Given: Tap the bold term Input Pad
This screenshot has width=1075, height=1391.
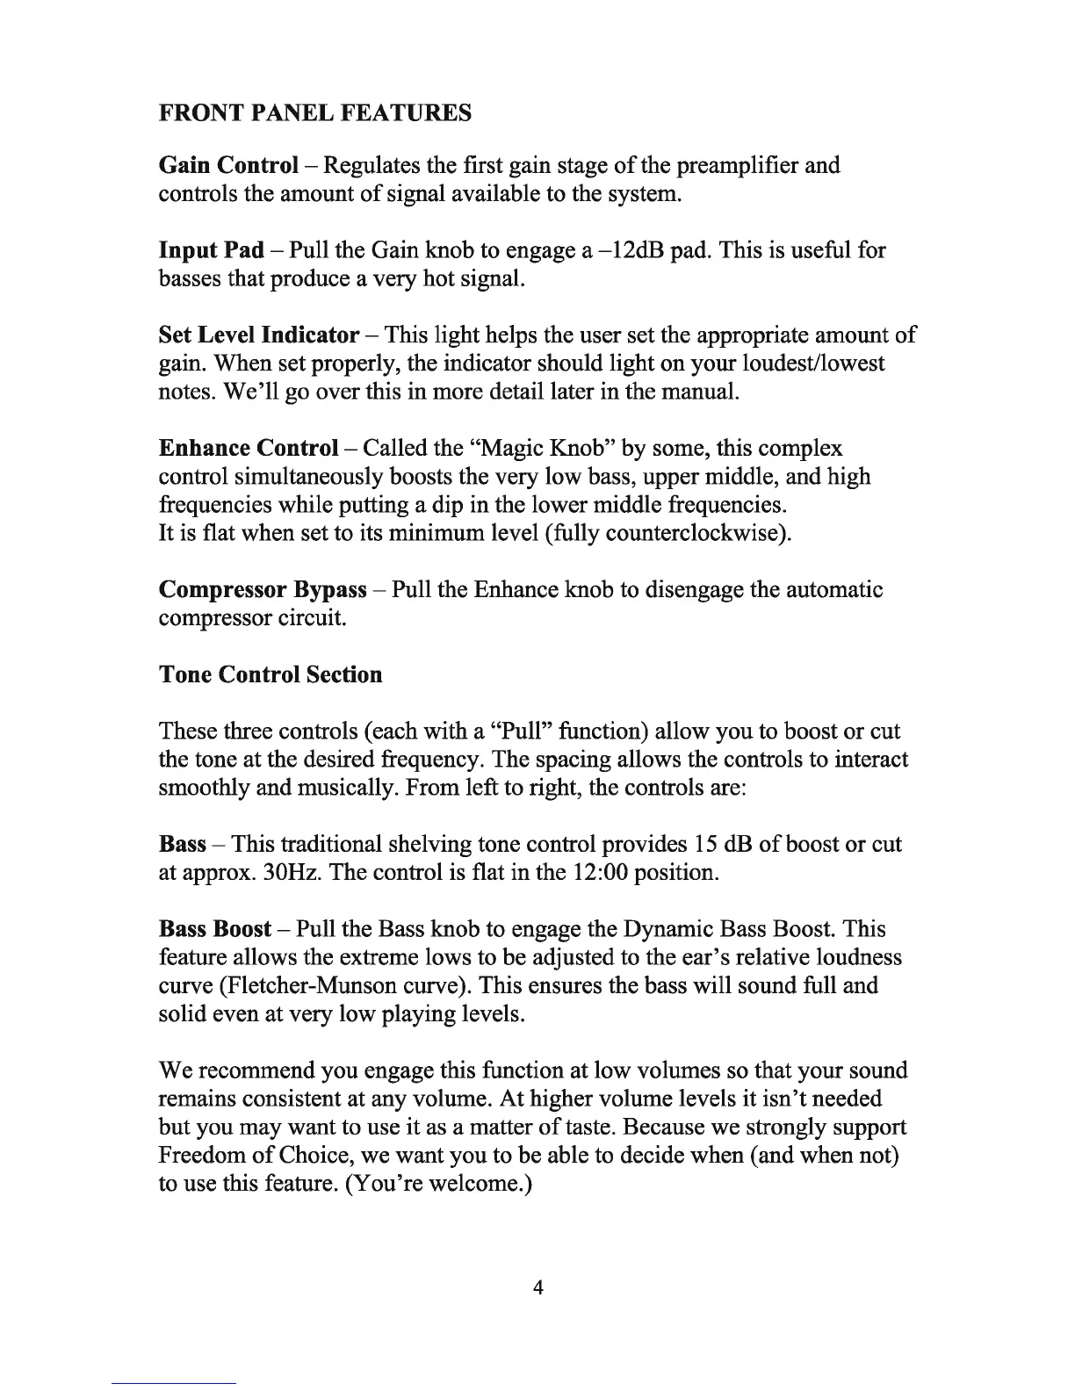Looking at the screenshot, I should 211,250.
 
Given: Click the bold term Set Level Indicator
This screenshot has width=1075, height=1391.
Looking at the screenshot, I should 259,335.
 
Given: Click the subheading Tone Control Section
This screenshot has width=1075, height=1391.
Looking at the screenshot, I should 271,674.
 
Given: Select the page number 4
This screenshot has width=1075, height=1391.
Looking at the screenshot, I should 538,1287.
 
